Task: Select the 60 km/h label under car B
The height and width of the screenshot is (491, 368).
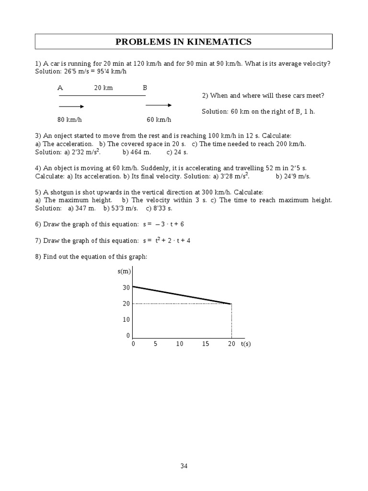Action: tap(159, 119)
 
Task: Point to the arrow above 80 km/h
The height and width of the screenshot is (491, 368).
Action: tap(71, 106)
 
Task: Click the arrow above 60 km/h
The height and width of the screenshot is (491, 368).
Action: tap(159, 105)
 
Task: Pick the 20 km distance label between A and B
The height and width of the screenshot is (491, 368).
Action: tap(103, 88)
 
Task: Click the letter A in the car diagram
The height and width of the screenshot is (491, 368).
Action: tap(60, 88)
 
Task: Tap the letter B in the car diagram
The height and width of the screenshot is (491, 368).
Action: tap(145, 88)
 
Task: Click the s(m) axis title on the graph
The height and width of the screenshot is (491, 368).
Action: tap(124, 272)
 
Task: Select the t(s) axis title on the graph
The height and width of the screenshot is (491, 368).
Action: tap(246, 344)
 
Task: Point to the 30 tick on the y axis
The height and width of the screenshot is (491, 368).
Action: tap(126, 288)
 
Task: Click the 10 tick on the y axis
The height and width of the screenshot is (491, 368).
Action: tap(126, 319)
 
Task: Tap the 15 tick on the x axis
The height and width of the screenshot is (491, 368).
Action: tap(206, 344)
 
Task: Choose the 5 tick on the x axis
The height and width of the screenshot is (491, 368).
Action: tap(156, 344)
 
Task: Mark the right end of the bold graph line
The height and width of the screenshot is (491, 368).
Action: tap(231, 304)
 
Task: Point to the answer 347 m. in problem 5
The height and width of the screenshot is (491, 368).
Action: tap(82, 208)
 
